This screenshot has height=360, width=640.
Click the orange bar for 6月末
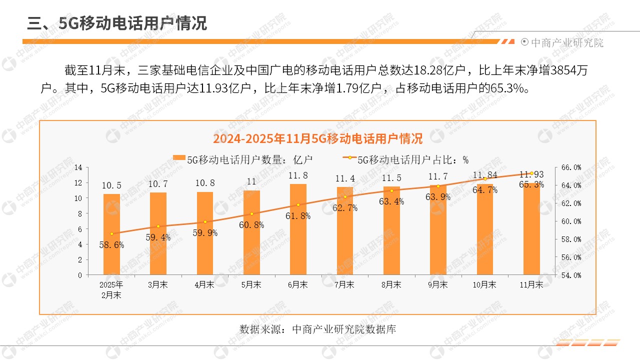coord(298,229)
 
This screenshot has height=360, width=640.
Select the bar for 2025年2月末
coord(111,234)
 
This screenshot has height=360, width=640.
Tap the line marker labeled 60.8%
coord(251,214)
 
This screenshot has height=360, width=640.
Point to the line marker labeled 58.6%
coord(111,233)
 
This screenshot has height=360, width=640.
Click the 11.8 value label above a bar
coord(298,175)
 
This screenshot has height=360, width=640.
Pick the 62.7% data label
coord(345,208)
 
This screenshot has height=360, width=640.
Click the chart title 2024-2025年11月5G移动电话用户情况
coord(317,138)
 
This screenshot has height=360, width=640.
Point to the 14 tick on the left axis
coord(77,167)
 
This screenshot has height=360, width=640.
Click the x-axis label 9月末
coord(437,284)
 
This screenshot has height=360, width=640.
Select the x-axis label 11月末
coord(531,284)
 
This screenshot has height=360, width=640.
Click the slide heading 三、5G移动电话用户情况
coord(117,23)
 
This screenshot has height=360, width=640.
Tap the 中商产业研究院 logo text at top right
coord(566,42)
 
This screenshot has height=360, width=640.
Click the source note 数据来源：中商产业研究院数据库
coord(317,329)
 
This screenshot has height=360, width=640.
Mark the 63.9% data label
coord(438,197)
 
